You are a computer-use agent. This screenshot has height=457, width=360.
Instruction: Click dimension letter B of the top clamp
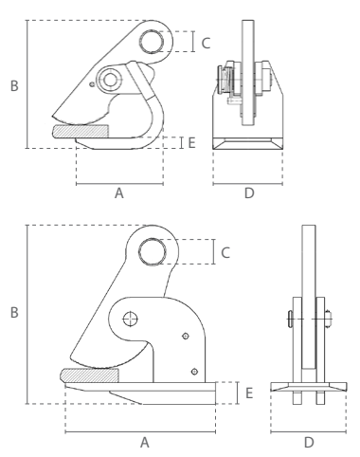click(x=14, y=85)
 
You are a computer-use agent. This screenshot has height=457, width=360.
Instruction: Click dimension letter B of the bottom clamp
click(x=14, y=312)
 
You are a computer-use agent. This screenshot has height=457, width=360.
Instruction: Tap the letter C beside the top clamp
click(x=206, y=44)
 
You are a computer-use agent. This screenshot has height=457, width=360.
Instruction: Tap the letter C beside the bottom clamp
click(x=225, y=253)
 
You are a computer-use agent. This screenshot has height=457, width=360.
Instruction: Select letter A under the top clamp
click(x=119, y=192)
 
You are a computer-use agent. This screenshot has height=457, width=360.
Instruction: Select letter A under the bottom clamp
click(x=144, y=442)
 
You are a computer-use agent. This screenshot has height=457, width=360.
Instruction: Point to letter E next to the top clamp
click(x=191, y=143)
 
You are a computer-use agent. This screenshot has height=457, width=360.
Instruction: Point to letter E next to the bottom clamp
click(x=249, y=393)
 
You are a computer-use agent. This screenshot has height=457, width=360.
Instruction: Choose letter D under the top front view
click(x=249, y=192)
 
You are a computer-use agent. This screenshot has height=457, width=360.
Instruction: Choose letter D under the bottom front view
click(x=309, y=442)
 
